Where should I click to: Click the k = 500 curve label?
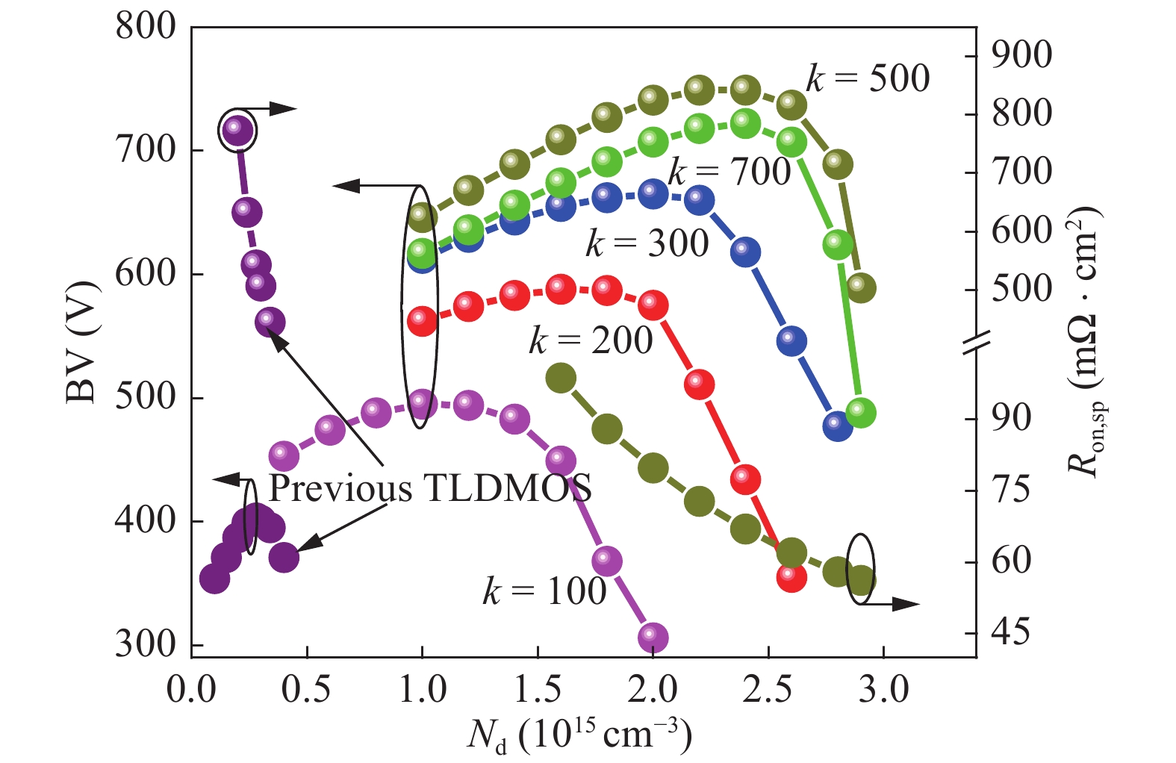pyautogui.click(x=868, y=78)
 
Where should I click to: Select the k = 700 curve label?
pyautogui.click(x=729, y=172)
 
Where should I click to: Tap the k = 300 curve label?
pyautogui.click(x=647, y=243)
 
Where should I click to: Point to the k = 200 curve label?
pyautogui.click(x=591, y=340)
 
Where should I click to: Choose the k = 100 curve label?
pyautogui.click(x=544, y=591)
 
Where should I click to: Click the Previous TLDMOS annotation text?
pyautogui.click(x=430, y=488)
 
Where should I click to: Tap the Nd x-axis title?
pyautogui.click(x=579, y=736)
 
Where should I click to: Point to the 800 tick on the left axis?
pyautogui.click(x=146, y=27)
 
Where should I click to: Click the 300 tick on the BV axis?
pyautogui.click(x=146, y=644)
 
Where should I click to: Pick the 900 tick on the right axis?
pyautogui.click(x=1021, y=56)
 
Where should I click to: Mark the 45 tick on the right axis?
pyautogui.click(x=1010, y=633)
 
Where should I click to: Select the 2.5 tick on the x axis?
pyautogui.click(x=768, y=689)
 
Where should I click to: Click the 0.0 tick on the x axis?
pyautogui.click(x=191, y=689)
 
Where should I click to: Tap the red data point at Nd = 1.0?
pyautogui.click(x=422, y=320)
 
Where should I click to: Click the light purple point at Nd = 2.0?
pyautogui.click(x=653, y=637)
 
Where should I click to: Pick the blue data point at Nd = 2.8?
pyautogui.click(x=837, y=426)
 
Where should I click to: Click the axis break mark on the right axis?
pyautogui.click(x=976, y=341)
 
